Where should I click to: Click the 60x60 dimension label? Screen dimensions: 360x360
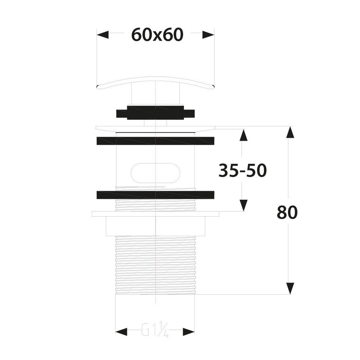pos(157,35)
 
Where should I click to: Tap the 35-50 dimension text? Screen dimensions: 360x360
pos(242,171)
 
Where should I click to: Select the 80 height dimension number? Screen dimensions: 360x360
pos(287,213)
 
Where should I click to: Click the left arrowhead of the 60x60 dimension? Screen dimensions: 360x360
pos(103,35)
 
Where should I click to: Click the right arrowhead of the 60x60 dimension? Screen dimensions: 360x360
pos(208,35)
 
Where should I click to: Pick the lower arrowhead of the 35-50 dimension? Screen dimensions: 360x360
pos(244,205)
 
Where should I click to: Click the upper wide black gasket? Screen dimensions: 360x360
pos(156,140)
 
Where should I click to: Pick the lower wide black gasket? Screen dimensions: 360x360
pos(156,194)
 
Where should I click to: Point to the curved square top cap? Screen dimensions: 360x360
pos(156,81)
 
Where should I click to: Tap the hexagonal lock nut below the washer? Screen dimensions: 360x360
pos(156,226)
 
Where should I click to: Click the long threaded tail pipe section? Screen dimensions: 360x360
pos(156,265)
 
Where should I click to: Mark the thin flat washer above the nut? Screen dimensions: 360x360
pos(156,214)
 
